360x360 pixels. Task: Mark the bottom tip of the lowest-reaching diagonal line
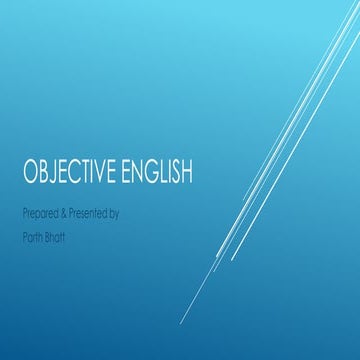[x=181, y=323]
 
